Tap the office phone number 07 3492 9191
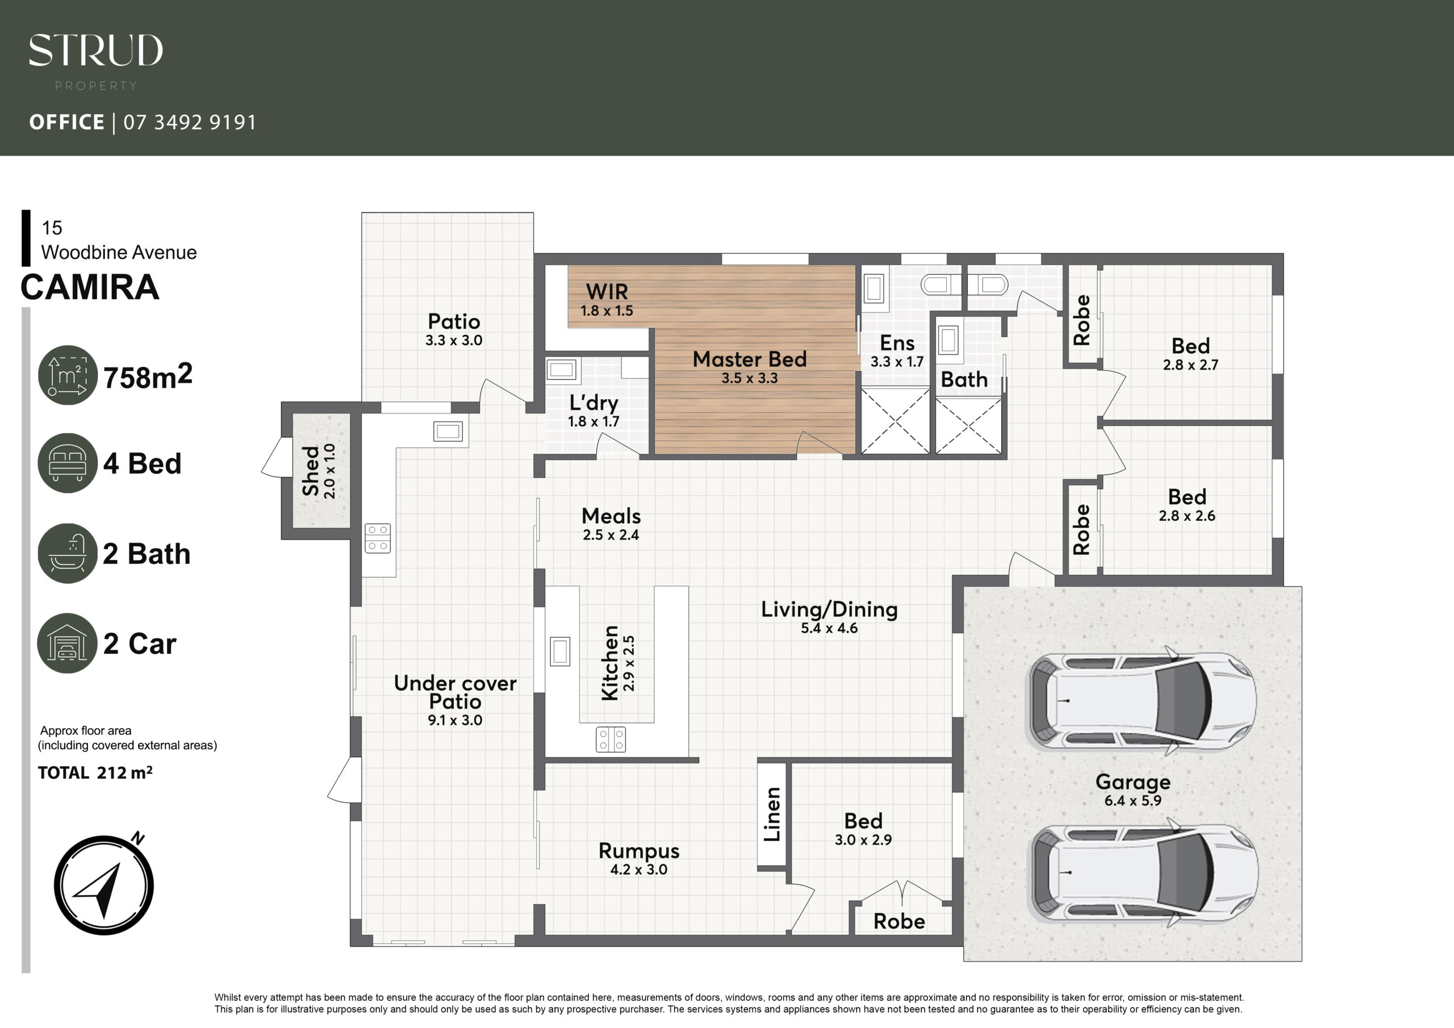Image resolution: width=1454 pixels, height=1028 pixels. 190,122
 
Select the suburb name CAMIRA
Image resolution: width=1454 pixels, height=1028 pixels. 90,287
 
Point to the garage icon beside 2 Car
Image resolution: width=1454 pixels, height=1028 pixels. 67,643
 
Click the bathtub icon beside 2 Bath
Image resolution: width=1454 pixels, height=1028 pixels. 67,553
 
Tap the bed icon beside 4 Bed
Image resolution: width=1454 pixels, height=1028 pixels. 67,463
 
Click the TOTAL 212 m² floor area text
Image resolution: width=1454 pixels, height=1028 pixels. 95,773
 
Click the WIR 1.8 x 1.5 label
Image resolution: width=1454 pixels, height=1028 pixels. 607,299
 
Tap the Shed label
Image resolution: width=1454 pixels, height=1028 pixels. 310,471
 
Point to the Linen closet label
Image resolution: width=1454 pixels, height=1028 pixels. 772,814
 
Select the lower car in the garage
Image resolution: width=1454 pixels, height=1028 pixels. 1143,873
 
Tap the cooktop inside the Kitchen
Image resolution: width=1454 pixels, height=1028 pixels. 611,739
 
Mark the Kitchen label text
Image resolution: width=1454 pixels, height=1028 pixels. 610,663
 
